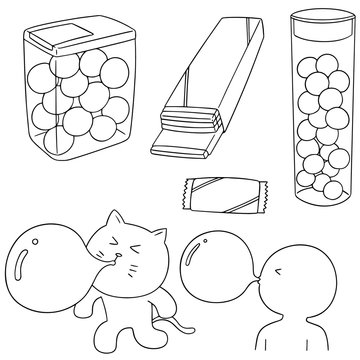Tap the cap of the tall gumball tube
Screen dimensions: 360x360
pyautogui.click(x=319, y=29)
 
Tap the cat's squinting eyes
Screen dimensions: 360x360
pyautogui.click(x=110, y=275)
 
